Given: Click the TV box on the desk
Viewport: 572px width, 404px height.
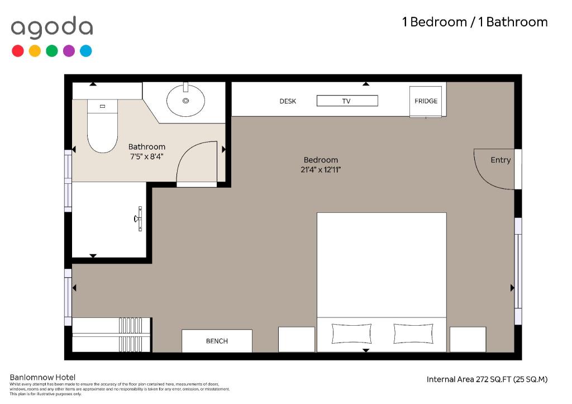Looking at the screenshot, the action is click(347, 101).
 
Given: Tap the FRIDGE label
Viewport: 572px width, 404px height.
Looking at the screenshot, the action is click(426, 101).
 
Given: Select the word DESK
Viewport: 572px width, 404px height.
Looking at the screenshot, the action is click(288, 101).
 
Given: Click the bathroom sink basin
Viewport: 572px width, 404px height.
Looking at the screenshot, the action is click(185, 101).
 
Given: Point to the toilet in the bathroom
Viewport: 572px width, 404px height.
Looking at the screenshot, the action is click(103, 126).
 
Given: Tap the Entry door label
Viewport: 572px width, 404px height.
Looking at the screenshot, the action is click(500, 160).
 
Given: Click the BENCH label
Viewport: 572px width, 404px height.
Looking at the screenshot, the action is click(217, 341).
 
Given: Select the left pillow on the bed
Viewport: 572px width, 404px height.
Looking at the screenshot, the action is click(351, 334).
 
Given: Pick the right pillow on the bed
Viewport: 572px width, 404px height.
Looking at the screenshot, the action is click(413, 334).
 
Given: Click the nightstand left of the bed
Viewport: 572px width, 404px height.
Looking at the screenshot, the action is click(297, 339).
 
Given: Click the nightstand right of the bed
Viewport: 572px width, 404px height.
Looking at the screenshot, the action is click(468, 339).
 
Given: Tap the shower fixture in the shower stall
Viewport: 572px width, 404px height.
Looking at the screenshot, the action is click(139, 218).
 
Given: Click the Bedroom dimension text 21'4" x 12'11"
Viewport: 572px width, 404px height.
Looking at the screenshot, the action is click(321, 170).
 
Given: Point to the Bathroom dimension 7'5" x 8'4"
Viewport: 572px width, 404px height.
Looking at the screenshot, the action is click(147, 156).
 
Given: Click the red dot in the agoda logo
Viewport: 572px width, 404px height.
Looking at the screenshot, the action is click(18, 51).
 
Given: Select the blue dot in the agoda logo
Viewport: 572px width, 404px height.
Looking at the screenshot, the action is click(85, 51).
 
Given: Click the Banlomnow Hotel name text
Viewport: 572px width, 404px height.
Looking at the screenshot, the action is click(42, 377).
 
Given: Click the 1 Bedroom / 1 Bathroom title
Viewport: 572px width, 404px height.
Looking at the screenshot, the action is click(475, 22).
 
